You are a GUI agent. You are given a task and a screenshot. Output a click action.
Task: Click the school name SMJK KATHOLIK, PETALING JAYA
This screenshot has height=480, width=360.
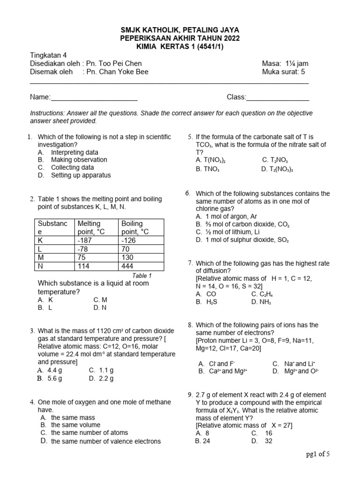tap(180, 31)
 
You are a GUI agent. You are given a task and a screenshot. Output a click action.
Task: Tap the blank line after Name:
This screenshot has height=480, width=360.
tap(94, 98)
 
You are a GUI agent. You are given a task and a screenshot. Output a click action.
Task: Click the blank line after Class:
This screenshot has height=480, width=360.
tap(277, 98)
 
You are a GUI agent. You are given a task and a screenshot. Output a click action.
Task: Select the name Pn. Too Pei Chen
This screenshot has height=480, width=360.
tap(114, 64)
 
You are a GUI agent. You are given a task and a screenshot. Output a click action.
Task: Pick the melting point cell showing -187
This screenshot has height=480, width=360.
tap(85, 240)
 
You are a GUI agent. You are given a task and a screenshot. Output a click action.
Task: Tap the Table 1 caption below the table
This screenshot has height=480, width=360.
tap(142, 276)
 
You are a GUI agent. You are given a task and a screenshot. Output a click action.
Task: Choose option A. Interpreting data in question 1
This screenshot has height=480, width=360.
tap(74, 152)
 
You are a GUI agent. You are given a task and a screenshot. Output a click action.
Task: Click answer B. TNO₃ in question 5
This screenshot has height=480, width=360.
tap(208, 169)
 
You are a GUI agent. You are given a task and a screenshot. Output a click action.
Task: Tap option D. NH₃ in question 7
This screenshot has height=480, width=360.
tap(261, 302)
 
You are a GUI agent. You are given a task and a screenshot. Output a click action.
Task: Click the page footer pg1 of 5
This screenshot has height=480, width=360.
tap(318, 454)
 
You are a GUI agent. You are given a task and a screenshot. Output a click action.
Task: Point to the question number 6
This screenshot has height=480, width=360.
tap(187, 193)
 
